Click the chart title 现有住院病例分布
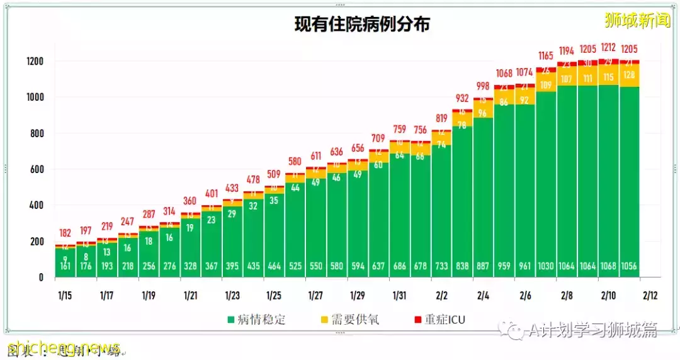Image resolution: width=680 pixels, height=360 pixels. click(x=362, y=25)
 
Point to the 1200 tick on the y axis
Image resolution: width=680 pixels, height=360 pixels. click(x=35, y=62)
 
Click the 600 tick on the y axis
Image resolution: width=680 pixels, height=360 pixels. click(x=37, y=169)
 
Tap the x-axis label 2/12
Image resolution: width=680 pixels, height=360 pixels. click(x=650, y=295)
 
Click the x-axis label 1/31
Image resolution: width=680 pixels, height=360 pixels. click(x=399, y=295)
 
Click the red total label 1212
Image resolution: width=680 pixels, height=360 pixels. click(x=609, y=47)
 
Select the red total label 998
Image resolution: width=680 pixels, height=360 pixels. click(x=484, y=86)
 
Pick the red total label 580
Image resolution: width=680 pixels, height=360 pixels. click(x=295, y=162)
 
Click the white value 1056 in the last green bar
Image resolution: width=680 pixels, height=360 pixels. click(x=630, y=266)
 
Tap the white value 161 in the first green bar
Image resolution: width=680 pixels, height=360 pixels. click(x=65, y=266)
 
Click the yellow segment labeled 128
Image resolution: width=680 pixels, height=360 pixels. click(x=630, y=75)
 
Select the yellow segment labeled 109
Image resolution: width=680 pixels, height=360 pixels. click(x=547, y=85)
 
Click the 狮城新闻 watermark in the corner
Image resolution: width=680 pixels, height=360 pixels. click(x=637, y=21)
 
